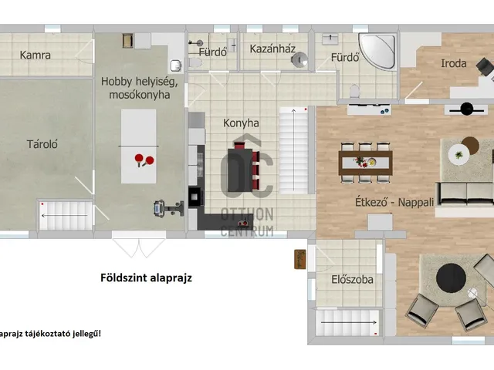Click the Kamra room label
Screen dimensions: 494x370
tap(36, 55)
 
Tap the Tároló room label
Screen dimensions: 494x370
tap(42, 144)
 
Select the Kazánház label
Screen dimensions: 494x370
tap(272, 49)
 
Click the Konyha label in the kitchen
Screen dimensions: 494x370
tap(241, 123)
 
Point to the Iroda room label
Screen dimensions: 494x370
tap(454, 63)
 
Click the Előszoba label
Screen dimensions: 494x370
tap(352, 279)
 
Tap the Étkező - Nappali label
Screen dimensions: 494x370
tap(394, 202)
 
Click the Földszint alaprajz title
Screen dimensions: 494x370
tap(146, 277)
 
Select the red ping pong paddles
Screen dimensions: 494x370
tap(144, 160)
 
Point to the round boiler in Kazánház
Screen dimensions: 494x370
tap(299, 59)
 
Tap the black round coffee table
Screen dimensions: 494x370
tap(451, 278)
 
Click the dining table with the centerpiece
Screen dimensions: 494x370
tap(365, 163)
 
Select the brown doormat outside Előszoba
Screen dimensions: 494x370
tap(300, 259)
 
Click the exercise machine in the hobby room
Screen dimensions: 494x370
tap(169, 208)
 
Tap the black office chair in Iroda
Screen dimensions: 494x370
tap(486, 66)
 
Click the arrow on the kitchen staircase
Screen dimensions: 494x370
tap(293, 150)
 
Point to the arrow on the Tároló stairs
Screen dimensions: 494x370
tap(64, 216)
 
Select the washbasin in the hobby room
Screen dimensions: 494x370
tap(176, 65)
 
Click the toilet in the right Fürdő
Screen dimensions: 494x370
tap(355, 91)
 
